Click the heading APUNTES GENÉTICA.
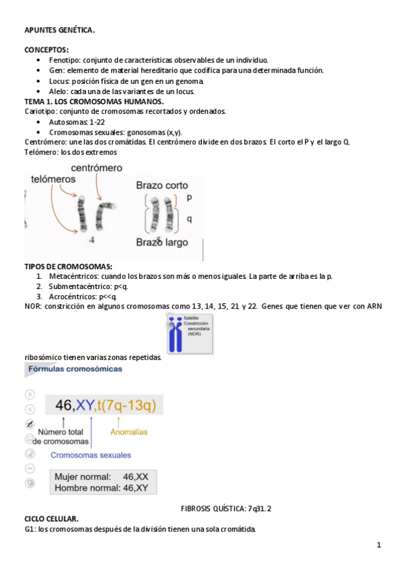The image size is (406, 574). (x=60, y=30)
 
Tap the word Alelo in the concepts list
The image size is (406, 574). (x=58, y=91)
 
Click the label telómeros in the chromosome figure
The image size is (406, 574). (x=54, y=179)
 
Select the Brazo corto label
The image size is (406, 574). (x=162, y=185)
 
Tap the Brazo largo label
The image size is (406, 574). (x=162, y=242)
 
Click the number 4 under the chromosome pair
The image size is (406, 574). (x=92, y=240)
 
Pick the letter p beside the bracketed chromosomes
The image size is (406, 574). (x=189, y=198)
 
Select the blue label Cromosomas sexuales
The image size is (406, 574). (x=91, y=455)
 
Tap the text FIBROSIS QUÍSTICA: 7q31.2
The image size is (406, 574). (x=226, y=508)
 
